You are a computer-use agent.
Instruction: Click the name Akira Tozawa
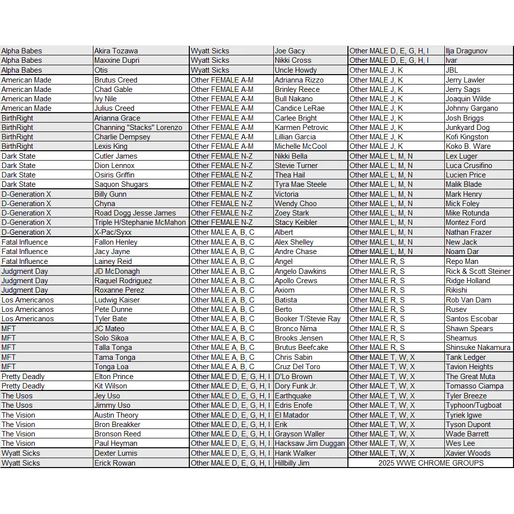click(116, 51)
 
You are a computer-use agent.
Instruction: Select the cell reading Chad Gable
click(114, 89)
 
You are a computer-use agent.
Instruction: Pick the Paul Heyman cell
click(116, 443)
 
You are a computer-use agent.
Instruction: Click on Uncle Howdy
click(296, 70)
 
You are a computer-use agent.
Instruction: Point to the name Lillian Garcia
click(295, 137)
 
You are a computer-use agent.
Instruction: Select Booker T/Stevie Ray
click(307, 319)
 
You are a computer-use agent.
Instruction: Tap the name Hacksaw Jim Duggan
click(309, 443)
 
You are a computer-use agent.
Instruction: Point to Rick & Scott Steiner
click(478, 271)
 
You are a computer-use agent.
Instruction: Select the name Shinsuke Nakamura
click(478, 347)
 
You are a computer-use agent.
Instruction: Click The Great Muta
click(470, 377)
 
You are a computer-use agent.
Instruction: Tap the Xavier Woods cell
click(468, 453)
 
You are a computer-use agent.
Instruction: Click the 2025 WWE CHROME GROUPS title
click(431, 463)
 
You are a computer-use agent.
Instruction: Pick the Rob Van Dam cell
click(468, 300)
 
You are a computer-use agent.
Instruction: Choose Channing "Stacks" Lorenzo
click(138, 128)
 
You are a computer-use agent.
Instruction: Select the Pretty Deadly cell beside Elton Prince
click(23, 377)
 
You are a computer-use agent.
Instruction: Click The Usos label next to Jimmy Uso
click(17, 405)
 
